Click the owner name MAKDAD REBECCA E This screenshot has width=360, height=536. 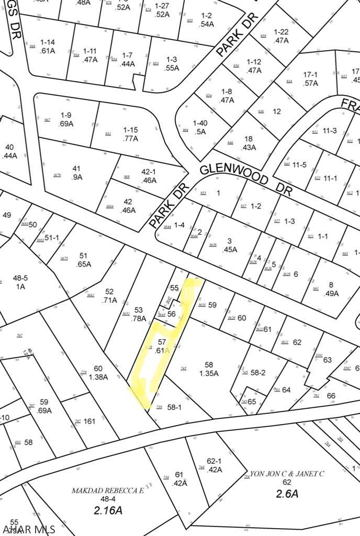coord(108,490)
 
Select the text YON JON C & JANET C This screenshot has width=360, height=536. coord(287,474)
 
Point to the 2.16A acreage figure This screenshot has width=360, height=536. coord(108,509)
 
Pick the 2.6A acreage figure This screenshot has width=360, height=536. coord(287,493)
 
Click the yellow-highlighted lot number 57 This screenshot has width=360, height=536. coord(162,342)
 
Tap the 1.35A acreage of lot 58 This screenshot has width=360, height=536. coord(209,374)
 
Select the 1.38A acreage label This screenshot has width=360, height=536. coord(98,377)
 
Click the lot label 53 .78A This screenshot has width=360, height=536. coord(139,314)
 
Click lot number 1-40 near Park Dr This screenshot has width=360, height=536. coord(200,124)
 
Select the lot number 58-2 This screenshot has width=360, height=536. coord(258,372)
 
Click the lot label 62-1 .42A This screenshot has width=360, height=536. coord(215,465)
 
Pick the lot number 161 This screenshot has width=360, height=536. coord(89,420)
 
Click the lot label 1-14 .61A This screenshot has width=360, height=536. coord(48,46)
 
